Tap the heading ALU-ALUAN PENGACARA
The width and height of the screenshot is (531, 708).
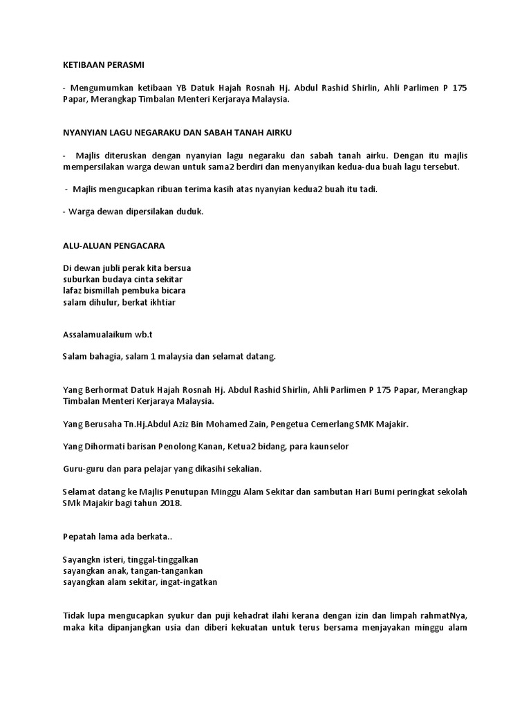point(113,246)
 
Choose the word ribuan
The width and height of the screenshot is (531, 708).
point(180,189)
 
